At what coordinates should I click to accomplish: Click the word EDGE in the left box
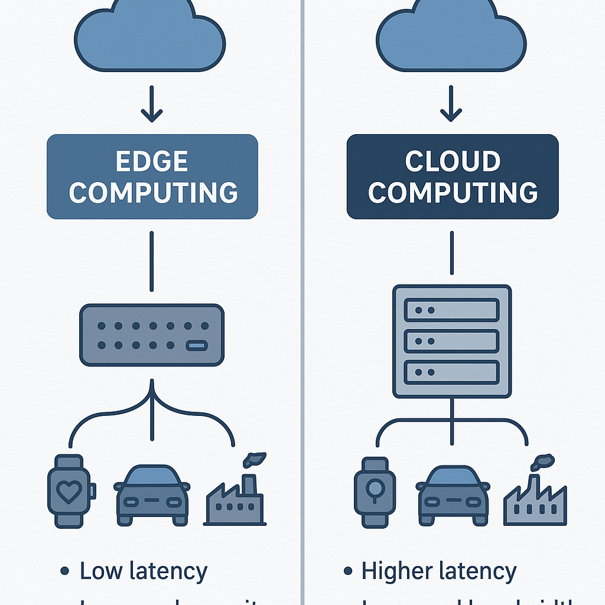pos(152,161)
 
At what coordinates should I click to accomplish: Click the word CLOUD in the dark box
pos(452,161)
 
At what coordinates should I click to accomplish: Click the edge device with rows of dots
pos(152,334)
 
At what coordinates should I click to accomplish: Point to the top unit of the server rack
pos(452,310)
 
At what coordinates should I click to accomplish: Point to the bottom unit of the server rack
pos(452,372)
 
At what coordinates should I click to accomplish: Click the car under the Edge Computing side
pos(152,495)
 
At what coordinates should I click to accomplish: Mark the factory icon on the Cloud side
pos(535,496)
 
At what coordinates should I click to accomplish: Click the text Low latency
pos(143,571)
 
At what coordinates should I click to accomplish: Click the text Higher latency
pos(438,571)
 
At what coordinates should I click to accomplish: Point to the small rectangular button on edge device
pos(196,345)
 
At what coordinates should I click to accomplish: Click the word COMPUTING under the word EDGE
pos(152,193)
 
